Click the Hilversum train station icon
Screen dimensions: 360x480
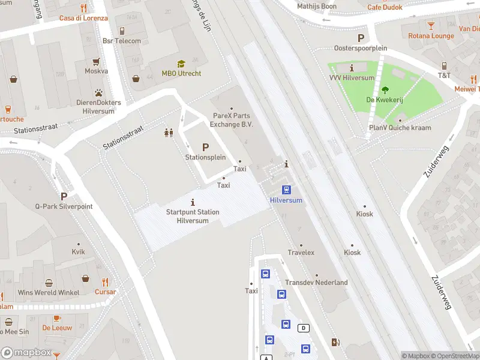[286, 190]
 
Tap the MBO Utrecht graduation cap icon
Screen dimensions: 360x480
[181, 64]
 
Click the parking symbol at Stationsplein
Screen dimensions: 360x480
[206, 147]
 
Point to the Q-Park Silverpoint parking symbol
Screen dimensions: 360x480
[64, 196]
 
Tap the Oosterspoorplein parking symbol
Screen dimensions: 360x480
[361, 38]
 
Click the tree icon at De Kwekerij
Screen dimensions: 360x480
[385, 90]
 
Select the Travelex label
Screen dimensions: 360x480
[301, 253]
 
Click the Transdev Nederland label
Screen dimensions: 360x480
[316, 283]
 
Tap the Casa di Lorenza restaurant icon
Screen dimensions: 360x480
[83, 8]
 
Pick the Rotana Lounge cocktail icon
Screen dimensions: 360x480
[431, 26]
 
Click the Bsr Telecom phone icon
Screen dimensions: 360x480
[122, 31]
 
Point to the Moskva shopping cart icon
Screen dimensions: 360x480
[96, 61]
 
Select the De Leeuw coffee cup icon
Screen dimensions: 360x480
[57, 318]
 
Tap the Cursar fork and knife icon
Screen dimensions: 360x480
[106, 282]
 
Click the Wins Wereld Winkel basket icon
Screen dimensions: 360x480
[85, 278]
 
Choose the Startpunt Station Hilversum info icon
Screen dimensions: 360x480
[193, 202]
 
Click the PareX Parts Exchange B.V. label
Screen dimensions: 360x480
[232, 120]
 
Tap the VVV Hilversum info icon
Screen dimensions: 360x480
[352, 68]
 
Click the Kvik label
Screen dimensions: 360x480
[78, 252]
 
